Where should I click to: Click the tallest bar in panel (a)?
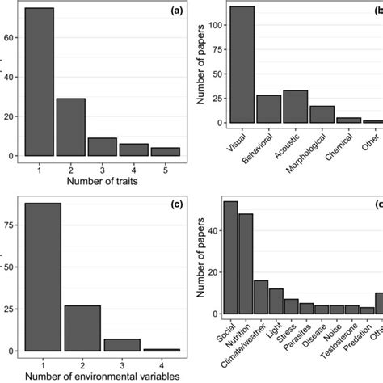tap(39, 82)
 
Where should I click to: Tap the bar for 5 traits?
tap(166, 151)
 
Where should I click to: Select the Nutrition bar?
tap(246, 263)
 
